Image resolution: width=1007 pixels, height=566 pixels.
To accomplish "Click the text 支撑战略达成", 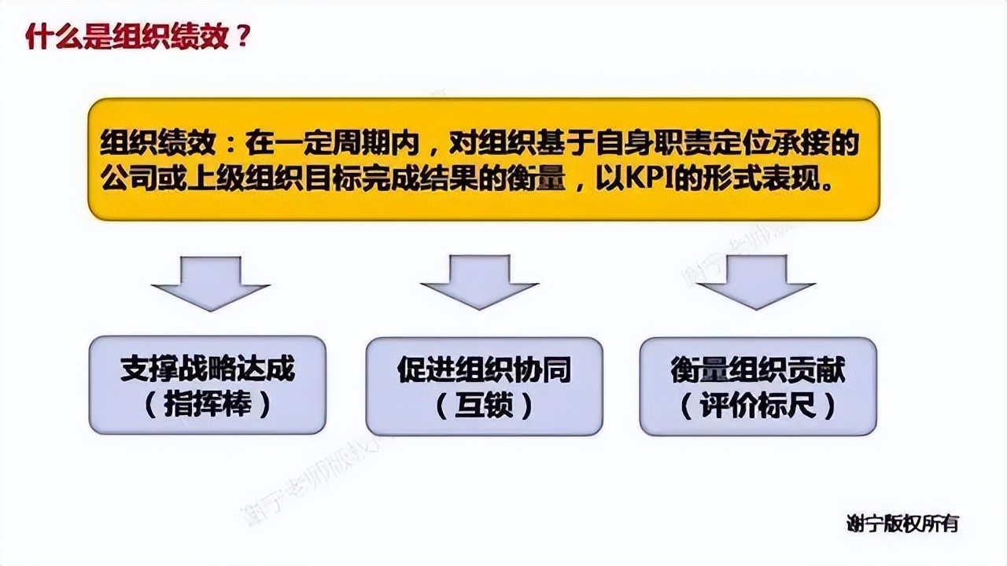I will pos(208,369).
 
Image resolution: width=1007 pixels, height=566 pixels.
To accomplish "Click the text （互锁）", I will pos(484,406).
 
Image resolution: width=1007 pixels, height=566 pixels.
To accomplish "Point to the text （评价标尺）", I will pos(758,406).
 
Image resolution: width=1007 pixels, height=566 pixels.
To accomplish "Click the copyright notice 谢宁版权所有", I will pos(903,524).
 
